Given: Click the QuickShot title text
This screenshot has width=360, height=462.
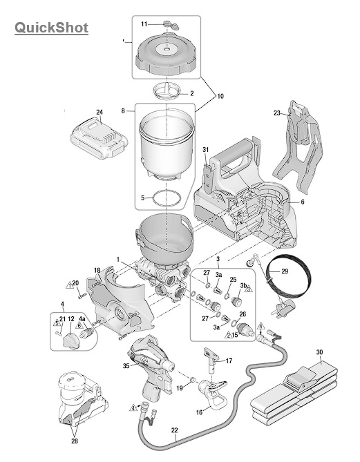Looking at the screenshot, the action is click(51, 28).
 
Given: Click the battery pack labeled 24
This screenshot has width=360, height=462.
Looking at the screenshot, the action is click(99, 139).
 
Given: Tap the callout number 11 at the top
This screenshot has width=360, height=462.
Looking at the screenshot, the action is click(144, 24).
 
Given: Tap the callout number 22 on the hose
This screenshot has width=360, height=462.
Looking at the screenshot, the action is click(175, 430).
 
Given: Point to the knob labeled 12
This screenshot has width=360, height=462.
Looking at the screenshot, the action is click(70, 340).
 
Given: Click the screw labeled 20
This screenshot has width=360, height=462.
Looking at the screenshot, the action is click(82, 296).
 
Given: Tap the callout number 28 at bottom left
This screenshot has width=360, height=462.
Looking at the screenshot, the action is click(75, 441).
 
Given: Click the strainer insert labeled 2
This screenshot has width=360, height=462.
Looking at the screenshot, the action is click(167, 90).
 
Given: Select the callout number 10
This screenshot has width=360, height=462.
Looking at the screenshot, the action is click(220, 96).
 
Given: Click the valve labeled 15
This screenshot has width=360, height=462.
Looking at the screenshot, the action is click(245, 329).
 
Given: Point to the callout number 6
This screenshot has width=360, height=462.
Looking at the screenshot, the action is click(303, 202).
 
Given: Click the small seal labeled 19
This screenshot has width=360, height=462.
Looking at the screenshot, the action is click(193, 379).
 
